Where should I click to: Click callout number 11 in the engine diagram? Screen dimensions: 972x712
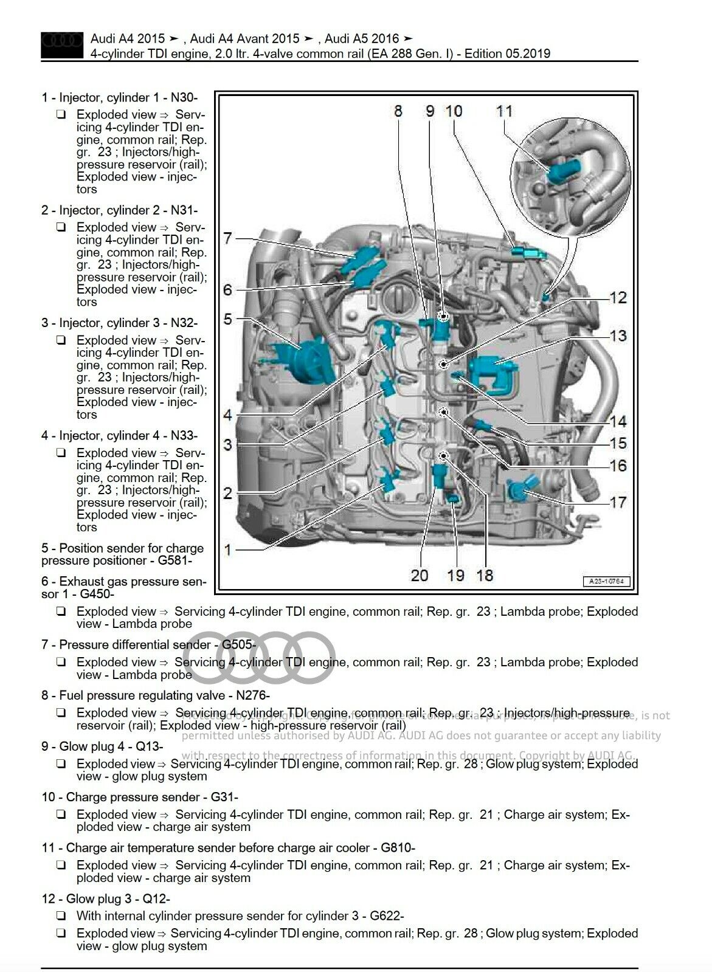(x=504, y=111)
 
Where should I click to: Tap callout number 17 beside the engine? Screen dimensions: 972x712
(x=618, y=503)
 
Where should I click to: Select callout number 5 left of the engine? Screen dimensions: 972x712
(x=227, y=319)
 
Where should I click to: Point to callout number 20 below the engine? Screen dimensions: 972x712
(x=420, y=575)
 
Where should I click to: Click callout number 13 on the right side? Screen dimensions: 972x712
(x=618, y=336)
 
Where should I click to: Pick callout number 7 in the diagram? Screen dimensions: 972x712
(x=227, y=238)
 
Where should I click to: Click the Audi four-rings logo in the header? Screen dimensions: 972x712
(x=61, y=44)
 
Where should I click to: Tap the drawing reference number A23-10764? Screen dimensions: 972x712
(x=607, y=581)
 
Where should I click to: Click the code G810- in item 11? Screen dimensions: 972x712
(x=398, y=848)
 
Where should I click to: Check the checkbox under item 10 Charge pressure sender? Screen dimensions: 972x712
(x=61, y=815)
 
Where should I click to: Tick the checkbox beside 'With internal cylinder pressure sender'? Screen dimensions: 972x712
(x=61, y=916)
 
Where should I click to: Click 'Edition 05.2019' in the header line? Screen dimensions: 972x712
(x=508, y=53)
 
